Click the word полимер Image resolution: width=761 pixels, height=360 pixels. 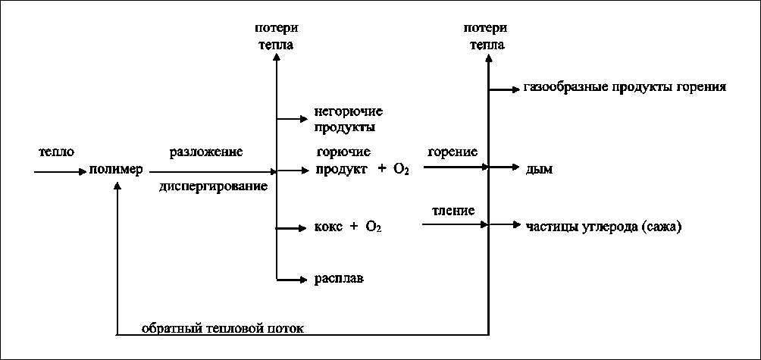tap(116, 170)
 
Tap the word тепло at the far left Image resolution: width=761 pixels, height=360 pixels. tap(57, 152)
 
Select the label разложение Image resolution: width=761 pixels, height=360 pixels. tap(206, 152)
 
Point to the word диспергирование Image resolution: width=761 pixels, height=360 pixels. tap(214, 186)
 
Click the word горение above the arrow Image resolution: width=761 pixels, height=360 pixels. tap(453, 152)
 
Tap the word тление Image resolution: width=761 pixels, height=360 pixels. tap(454, 210)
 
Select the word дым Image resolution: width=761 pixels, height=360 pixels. tap(538, 170)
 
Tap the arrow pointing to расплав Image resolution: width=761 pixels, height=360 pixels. tap(293, 279)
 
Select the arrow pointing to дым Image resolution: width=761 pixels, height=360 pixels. tap(503, 166)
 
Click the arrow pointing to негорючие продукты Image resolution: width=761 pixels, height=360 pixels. tap(293, 118)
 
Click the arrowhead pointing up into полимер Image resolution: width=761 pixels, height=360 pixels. tap(117, 186)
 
